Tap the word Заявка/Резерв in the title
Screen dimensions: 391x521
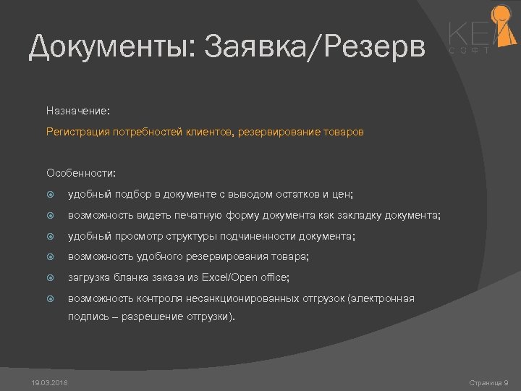point(315,48)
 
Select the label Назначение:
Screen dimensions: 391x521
point(78,111)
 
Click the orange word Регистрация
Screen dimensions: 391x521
point(75,133)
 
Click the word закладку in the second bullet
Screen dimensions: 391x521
point(358,215)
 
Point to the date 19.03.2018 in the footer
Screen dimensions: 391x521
point(50,382)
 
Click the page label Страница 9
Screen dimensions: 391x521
point(488,382)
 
